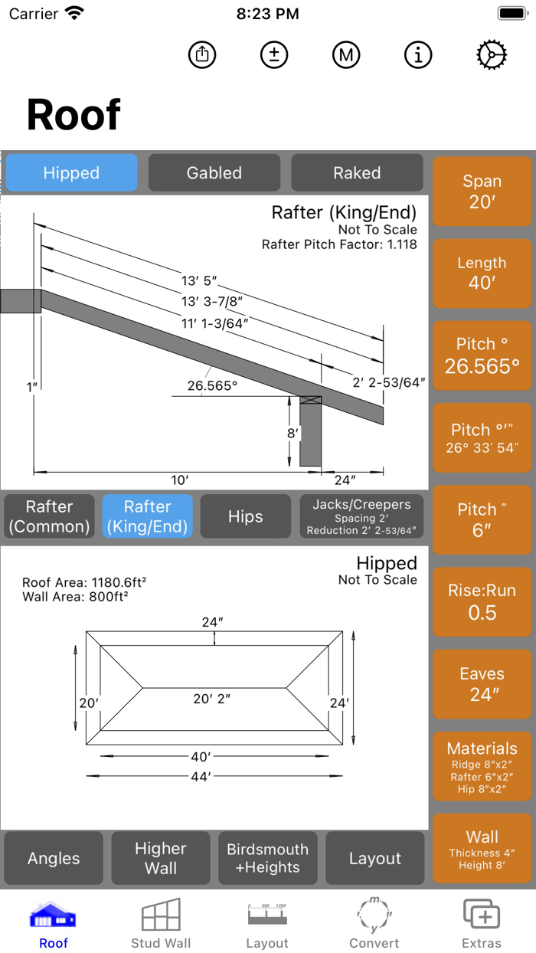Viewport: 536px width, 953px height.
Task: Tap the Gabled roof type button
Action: click(214, 173)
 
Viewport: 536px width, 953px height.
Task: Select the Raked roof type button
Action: click(357, 173)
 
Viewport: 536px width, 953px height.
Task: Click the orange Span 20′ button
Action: click(482, 192)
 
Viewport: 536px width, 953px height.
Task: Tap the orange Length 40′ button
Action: click(482, 273)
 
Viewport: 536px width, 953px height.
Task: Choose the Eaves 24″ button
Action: click(482, 683)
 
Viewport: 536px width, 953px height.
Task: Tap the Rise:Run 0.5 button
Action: click(482, 601)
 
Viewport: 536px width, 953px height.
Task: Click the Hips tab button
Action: click(245, 517)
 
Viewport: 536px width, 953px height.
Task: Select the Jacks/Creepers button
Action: click(361, 517)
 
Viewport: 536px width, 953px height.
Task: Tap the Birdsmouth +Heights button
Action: click(267, 858)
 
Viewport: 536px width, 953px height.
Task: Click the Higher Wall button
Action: click(161, 858)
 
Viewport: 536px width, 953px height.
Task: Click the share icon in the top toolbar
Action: click(202, 54)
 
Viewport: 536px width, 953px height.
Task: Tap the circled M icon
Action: click(346, 54)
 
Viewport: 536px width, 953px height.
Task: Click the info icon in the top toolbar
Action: click(418, 54)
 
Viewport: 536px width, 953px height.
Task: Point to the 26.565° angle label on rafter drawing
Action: click(212, 386)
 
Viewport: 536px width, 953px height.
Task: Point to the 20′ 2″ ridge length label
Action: click(212, 698)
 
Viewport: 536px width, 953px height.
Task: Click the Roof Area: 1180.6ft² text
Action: click(84, 582)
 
